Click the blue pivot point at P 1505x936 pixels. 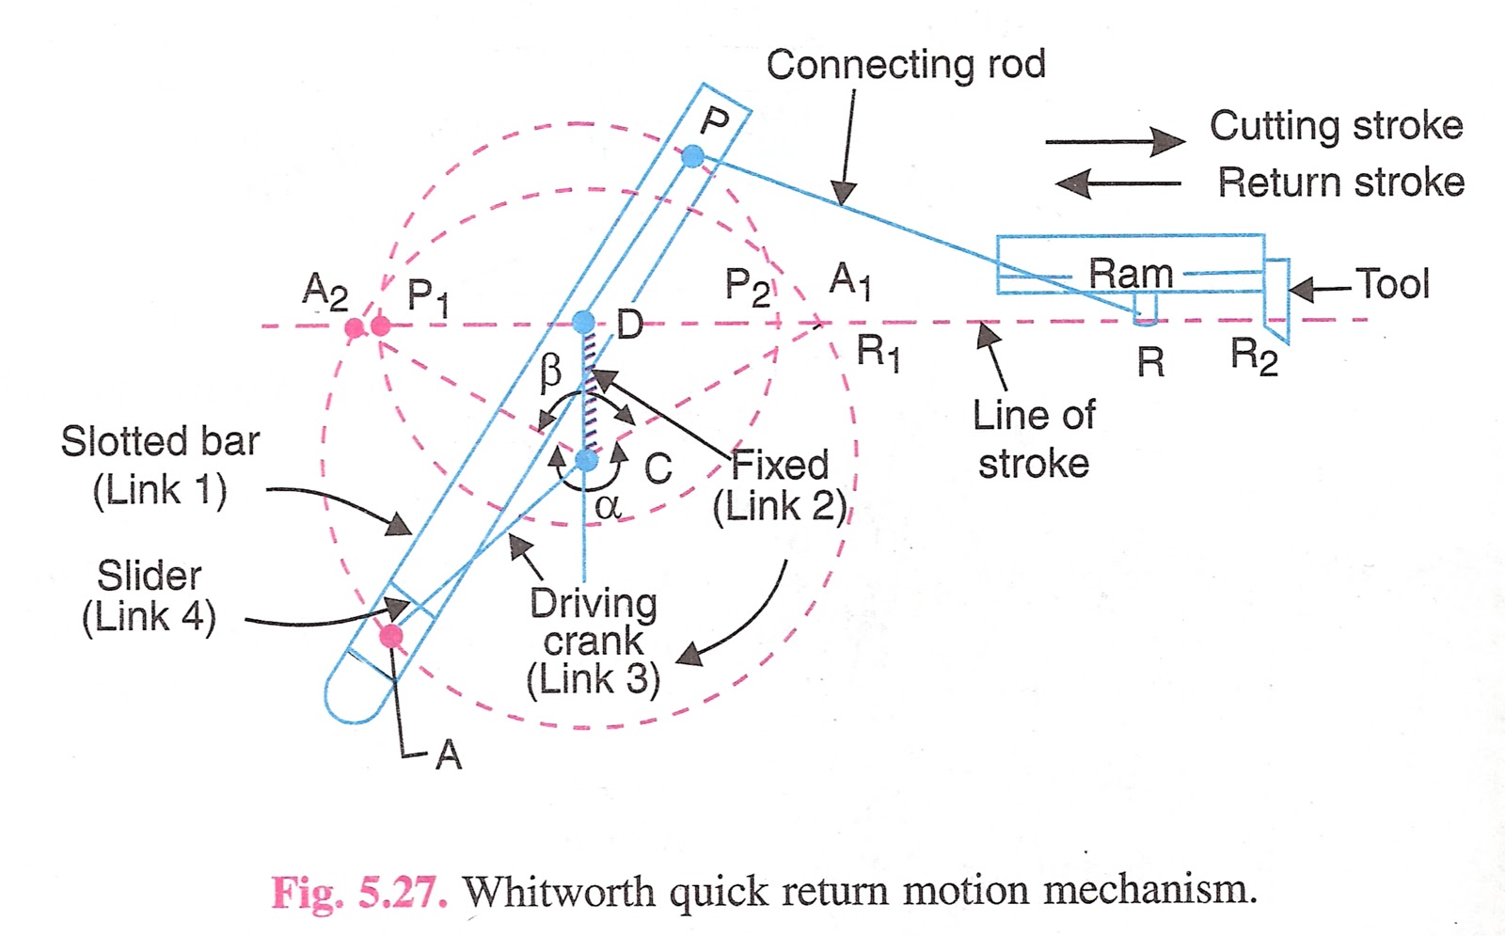tap(692, 156)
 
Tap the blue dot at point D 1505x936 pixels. tap(584, 322)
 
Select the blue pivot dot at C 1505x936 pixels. tap(586, 460)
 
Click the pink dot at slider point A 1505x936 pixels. tap(390, 637)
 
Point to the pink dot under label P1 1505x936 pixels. tap(380, 326)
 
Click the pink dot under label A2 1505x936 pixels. tap(355, 327)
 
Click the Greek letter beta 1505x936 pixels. tap(551, 373)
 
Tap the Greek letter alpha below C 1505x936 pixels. tap(608, 507)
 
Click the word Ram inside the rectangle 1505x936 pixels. tap(1131, 274)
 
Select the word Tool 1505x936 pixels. tap(1391, 283)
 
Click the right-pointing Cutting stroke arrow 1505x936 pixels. tap(1115, 142)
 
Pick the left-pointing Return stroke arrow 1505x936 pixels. tap(1119, 183)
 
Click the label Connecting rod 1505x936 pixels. tap(905, 65)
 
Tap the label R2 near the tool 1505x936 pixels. tap(1254, 357)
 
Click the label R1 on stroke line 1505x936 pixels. tap(878, 353)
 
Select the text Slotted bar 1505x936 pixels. tap(160, 441)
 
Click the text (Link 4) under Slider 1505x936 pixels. tap(149, 618)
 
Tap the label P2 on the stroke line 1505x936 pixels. tap(747, 286)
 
